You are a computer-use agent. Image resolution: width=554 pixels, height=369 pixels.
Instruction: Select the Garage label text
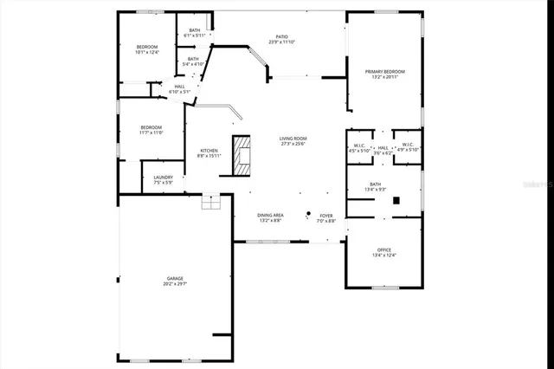175,281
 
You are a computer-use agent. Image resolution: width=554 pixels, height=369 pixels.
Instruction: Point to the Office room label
383,252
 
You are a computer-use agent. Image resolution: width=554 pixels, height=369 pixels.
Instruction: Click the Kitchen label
209,152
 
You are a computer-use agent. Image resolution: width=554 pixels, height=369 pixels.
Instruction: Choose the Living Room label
293,141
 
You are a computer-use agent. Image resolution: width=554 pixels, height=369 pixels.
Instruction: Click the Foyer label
325,218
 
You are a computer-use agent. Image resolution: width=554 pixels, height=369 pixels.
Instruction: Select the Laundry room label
163,180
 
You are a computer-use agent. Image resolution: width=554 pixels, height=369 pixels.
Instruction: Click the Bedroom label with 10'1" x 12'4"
147,49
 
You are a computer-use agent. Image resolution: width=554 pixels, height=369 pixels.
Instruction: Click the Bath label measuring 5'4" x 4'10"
192,61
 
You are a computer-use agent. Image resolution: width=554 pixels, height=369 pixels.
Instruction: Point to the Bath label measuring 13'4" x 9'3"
375,186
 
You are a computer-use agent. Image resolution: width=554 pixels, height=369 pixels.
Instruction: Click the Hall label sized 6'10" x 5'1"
179,89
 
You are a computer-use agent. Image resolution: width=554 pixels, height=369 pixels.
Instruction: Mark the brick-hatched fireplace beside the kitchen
242,155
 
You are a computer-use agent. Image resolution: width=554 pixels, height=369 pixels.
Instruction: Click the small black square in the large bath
396,200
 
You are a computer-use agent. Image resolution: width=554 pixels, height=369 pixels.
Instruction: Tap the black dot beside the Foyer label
307,212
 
